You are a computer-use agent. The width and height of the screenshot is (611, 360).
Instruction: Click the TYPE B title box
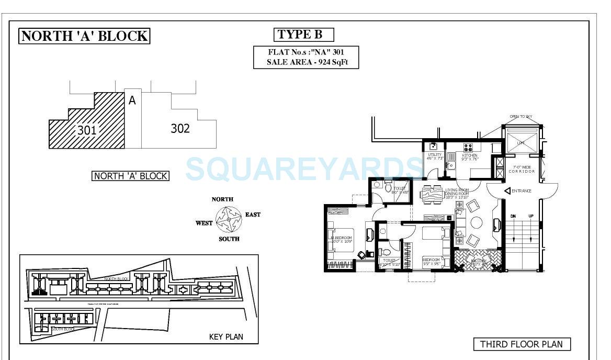point(303,35)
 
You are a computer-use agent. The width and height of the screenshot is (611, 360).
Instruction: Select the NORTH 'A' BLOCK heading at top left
point(84,36)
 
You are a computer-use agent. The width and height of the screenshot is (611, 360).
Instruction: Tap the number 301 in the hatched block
point(87,130)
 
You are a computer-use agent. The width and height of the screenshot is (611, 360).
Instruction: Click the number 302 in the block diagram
point(180,128)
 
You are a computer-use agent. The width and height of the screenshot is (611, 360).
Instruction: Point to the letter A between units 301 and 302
point(132,100)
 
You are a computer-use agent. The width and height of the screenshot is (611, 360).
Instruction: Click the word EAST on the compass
point(253,215)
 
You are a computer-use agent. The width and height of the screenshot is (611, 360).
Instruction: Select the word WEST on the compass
point(204,223)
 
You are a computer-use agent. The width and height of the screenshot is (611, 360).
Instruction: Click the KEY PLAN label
point(226,336)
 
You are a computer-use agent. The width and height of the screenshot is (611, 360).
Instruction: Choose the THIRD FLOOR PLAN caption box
point(522,344)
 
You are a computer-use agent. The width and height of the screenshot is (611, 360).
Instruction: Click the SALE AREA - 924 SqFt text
point(305,62)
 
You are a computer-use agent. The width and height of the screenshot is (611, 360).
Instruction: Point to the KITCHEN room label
point(469,155)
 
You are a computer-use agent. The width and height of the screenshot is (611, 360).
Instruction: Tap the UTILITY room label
point(435,155)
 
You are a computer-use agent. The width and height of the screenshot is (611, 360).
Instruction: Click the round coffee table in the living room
point(477,222)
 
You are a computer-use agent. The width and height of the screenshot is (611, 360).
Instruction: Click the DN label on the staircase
point(513,216)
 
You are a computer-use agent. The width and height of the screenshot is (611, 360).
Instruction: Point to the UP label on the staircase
point(530,216)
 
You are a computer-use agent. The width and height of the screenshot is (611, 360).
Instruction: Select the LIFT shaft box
point(521,142)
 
